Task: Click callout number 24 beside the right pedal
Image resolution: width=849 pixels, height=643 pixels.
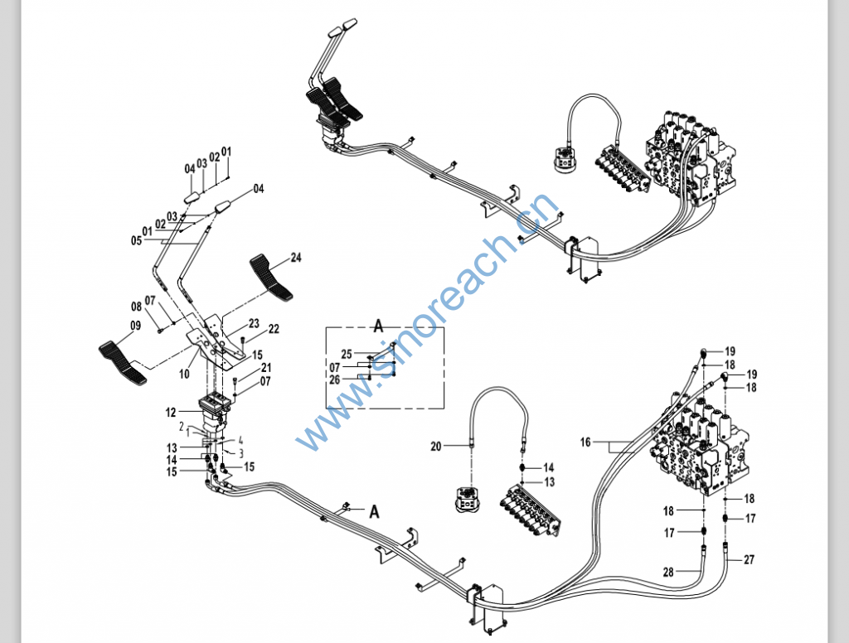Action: click(296, 258)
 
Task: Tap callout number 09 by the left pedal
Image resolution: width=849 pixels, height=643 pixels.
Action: click(136, 337)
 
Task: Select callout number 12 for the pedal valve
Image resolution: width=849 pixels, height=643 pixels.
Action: click(171, 412)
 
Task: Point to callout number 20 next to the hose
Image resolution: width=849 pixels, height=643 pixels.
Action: click(436, 446)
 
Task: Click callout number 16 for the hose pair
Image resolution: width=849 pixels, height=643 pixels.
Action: click(585, 442)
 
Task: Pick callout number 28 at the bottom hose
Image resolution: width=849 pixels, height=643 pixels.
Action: click(669, 571)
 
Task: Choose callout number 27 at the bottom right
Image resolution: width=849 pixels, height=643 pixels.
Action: click(750, 559)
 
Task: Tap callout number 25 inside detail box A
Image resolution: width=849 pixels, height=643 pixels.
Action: click(346, 354)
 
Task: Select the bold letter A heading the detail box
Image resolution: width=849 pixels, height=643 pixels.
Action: click(377, 322)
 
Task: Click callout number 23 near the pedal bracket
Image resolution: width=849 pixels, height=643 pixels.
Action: click(254, 322)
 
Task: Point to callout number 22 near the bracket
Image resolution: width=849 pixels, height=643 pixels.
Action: click(274, 329)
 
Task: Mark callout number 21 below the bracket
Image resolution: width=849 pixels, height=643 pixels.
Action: click(266, 368)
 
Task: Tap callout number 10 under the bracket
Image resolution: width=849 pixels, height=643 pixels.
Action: click(184, 374)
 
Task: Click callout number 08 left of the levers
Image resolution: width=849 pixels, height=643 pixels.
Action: click(136, 306)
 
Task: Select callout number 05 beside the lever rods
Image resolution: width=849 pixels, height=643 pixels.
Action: click(136, 240)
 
